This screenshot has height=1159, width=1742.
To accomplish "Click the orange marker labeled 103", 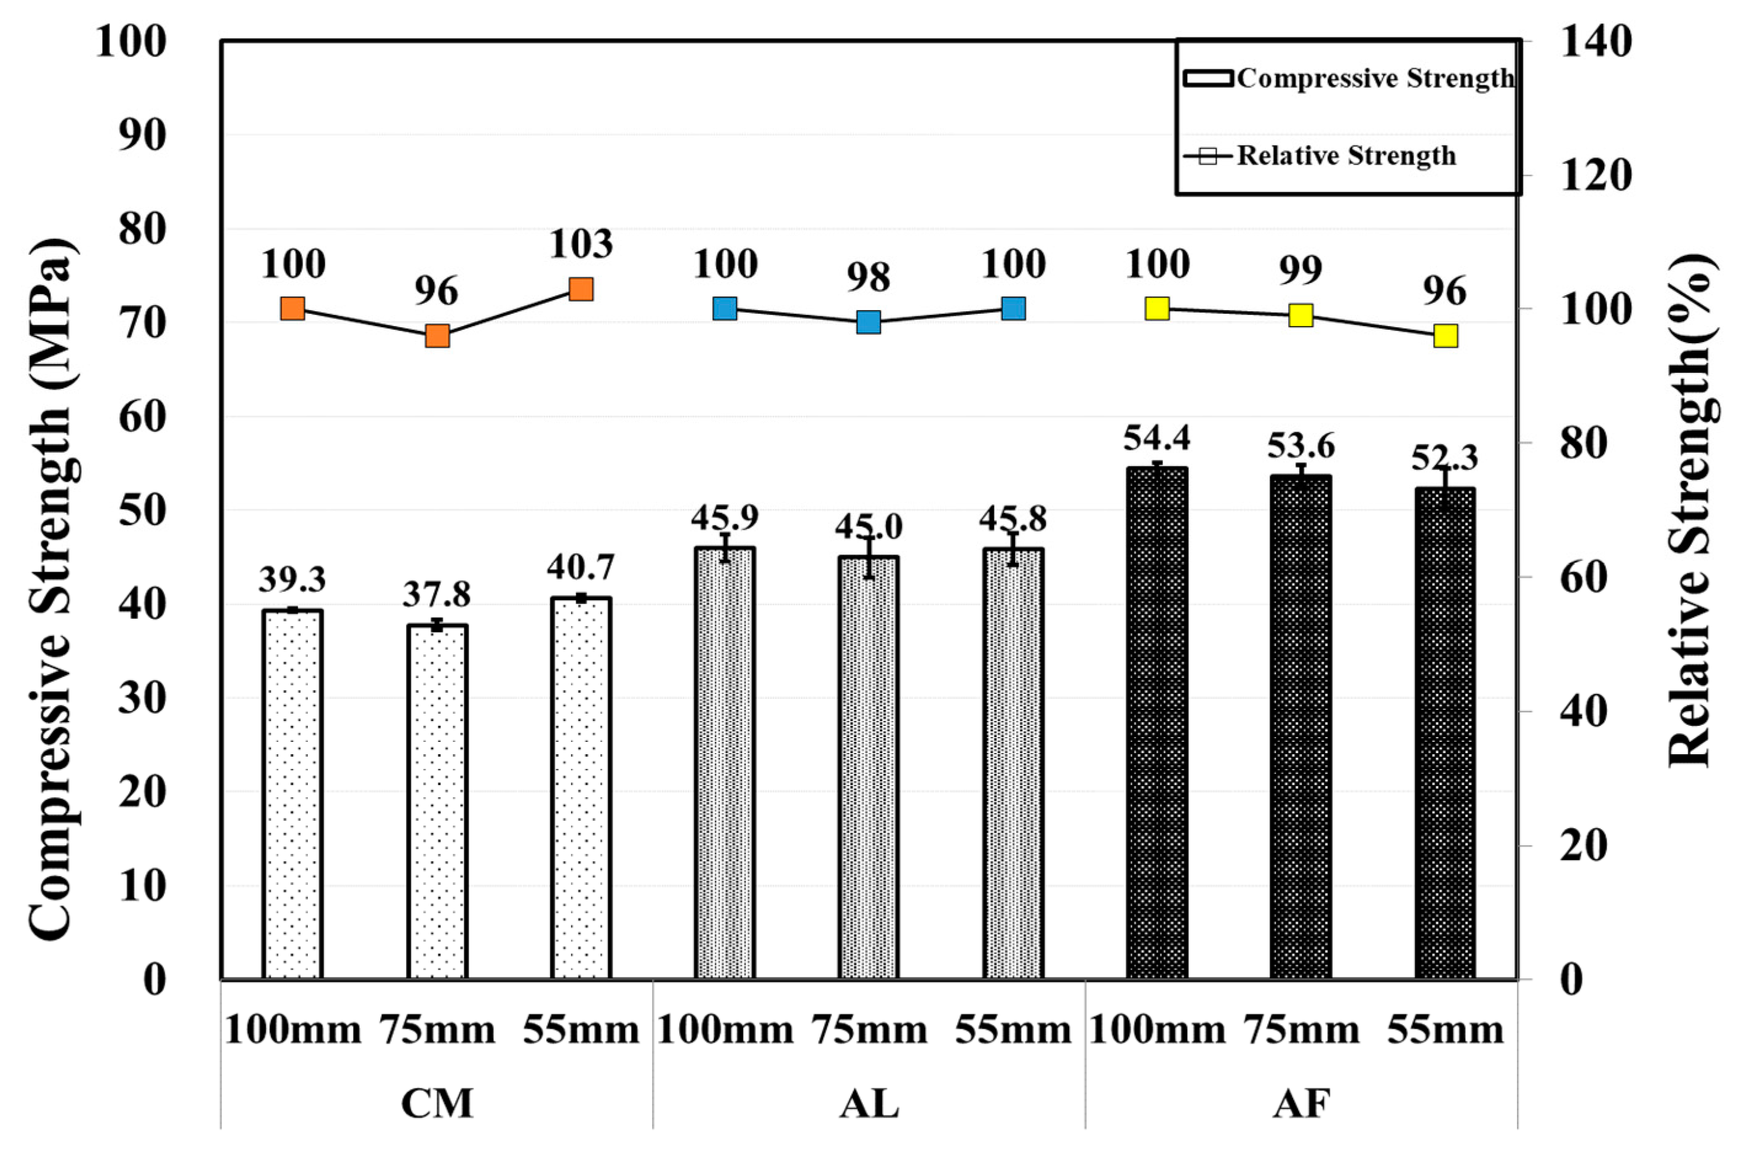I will (x=581, y=289).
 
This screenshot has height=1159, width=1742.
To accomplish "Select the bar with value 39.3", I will (x=293, y=795).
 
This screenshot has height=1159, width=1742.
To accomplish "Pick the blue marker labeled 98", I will (x=869, y=322).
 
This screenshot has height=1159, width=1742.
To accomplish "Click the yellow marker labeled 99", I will (x=1301, y=316).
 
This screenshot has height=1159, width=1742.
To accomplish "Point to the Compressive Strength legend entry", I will (x=1348, y=78).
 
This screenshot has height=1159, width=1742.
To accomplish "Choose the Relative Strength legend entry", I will (x=1320, y=156).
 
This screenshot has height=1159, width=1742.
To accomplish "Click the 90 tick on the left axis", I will (x=142, y=135).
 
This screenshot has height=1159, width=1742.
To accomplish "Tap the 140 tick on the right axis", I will (x=1594, y=41).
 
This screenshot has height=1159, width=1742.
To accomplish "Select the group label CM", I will (x=436, y=1104).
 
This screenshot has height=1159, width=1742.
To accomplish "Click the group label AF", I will (x=1301, y=1104).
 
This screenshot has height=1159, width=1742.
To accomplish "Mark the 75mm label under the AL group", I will (x=869, y=1030).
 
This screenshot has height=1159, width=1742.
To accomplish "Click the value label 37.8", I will (x=436, y=594).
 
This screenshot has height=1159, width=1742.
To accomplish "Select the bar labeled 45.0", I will (x=869, y=769).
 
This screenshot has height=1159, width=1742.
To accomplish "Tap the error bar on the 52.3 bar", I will (x=1445, y=488).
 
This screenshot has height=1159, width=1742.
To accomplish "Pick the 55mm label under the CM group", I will (x=581, y=1030).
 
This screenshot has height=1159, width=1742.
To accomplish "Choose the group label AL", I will (x=869, y=1104).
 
